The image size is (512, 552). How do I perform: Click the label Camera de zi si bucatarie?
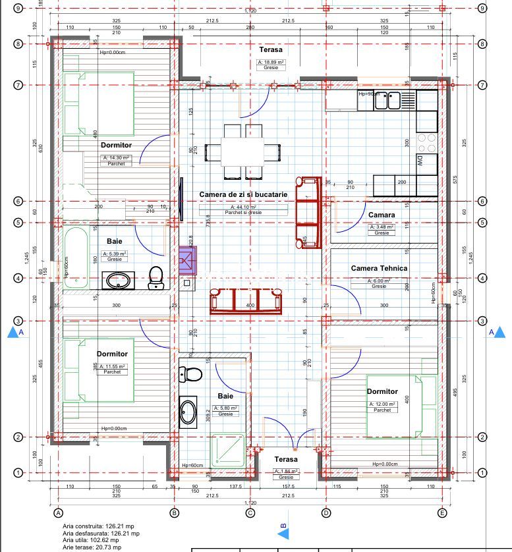pyautogui.click(x=243, y=195)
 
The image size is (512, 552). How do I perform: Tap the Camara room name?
pyautogui.click(x=382, y=215)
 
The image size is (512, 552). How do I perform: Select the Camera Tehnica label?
pyautogui.click(x=379, y=268)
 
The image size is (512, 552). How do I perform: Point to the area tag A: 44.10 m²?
pyautogui.click(x=243, y=207)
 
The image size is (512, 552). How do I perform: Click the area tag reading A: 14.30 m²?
pyautogui.click(x=116, y=158)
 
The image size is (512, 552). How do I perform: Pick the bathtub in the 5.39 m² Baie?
pyautogui.click(x=74, y=258)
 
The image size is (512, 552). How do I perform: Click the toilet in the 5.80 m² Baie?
pyautogui.click(x=191, y=374)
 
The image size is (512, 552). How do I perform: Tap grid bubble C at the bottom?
pyautogui.click(x=250, y=512)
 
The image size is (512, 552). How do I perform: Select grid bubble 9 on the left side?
pyautogui.click(x=19, y=9)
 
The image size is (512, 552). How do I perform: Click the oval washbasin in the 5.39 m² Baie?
pyautogui.click(x=119, y=280)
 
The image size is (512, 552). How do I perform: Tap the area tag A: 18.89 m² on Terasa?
pyautogui.click(x=271, y=63)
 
